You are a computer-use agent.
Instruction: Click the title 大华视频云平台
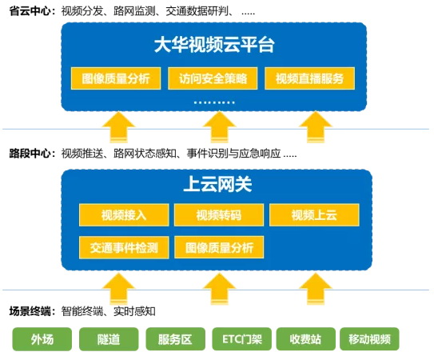pos(214,45)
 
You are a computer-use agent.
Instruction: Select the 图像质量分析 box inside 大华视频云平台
pos(116,78)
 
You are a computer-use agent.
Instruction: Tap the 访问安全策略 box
pos(213,78)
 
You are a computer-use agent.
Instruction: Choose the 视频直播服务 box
pos(310,78)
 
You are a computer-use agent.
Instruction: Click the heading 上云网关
pos(217,184)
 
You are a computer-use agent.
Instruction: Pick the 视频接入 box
pos(124,215)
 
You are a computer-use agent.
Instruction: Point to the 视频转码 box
pos(219,215)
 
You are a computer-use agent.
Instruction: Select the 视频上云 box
pos(314,215)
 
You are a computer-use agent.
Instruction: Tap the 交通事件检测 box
pos(124,247)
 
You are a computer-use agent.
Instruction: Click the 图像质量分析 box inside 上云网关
pos(219,247)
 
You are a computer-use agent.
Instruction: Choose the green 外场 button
pos(42,339)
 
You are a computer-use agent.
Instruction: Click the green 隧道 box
pos(109,339)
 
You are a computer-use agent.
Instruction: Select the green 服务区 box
pos(175,339)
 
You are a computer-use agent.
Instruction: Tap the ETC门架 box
pos(241,339)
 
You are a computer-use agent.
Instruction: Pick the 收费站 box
pos(305,339)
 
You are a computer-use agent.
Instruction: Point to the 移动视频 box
pos(369,339)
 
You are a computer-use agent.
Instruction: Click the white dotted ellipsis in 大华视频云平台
pos(214,102)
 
